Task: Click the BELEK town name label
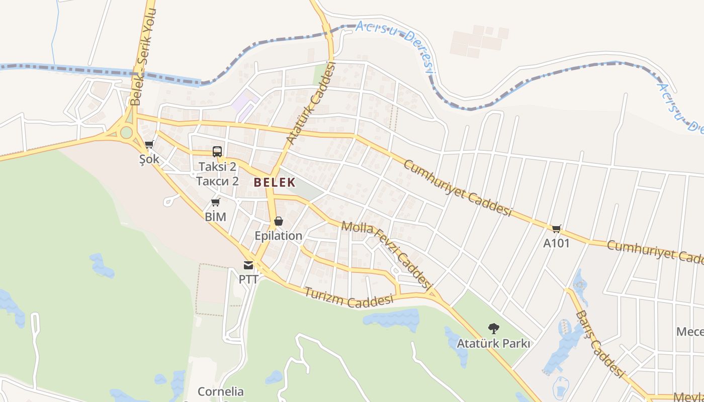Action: point(274,182)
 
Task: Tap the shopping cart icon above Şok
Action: point(149,145)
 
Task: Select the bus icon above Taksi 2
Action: point(217,151)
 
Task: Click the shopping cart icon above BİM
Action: point(215,203)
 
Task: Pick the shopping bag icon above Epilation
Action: point(278,221)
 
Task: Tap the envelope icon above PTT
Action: point(248,265)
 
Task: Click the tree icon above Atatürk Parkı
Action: point(494,329)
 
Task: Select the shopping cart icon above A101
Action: point(556,229)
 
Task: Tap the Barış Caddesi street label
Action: point(599,344)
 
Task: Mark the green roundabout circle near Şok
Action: point(126,132)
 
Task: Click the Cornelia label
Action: point(220,391)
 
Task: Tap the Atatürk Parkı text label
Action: point(493,344)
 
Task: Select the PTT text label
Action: point(248,279)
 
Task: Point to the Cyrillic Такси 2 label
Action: point(217,181)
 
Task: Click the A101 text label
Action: point(556,243)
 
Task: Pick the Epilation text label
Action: point(278,236)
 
